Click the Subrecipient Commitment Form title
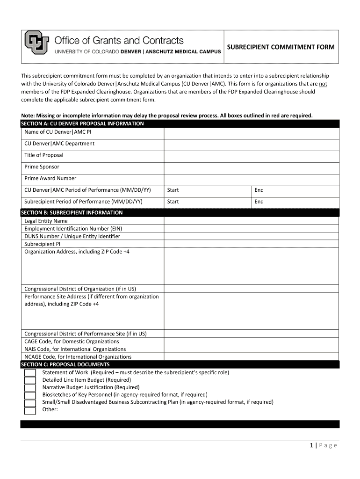281,47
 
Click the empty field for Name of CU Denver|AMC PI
251,133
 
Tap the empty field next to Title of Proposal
251,156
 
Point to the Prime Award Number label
50,178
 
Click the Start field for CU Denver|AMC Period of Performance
208,190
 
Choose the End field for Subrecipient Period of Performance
295,202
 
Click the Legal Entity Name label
46,221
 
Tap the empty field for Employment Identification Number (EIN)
251,229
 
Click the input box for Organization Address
251,266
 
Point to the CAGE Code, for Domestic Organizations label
72,341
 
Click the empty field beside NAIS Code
251,349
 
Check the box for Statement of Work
30,373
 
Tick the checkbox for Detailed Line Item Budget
30,380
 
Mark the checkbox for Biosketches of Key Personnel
30,395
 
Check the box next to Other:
30,411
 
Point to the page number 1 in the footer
311,445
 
